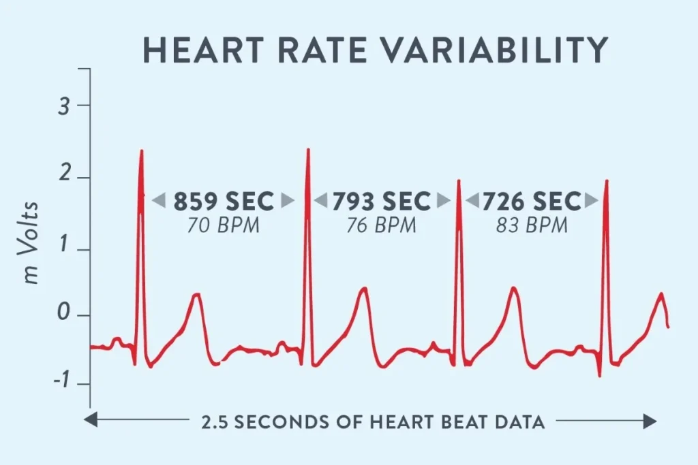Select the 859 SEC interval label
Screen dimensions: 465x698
pos(223,202)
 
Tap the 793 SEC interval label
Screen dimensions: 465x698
pos(382,202)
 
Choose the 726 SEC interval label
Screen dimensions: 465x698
pos(532,202)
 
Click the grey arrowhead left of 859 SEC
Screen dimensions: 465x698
pos(158,201)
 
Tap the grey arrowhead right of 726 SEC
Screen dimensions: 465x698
pos(592,201)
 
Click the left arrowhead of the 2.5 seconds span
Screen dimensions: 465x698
pos(89,422)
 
